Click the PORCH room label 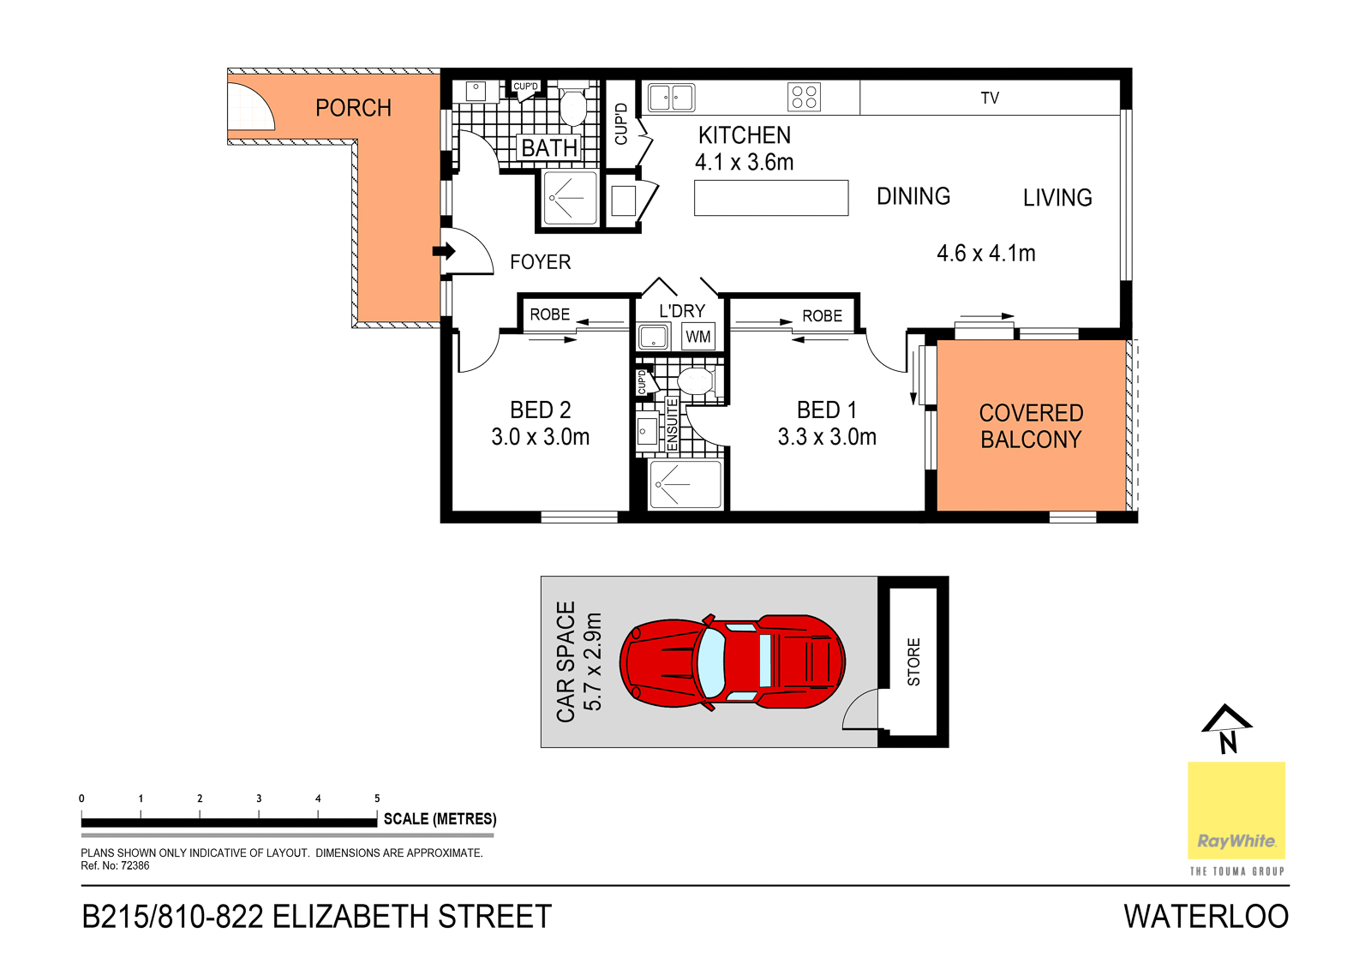[x=353, y=108]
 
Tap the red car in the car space [x=732, y=662]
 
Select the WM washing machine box [x=697, y=336]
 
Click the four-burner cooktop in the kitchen [x=804, y=98]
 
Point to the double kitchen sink [x=672, y=98]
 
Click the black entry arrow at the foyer [x=444, y=251]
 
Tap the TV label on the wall [x=990, y=98]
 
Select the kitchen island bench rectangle [x=771, y=198]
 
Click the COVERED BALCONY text [x=1032, y=426]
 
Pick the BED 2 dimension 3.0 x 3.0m [x=541, y=437]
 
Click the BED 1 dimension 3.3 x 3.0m [x=827, y=437]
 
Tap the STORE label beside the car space [x=913, y=661]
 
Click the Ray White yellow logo [x=1236, y=810]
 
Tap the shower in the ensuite [x=685, y=484]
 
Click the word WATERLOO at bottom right [x=1206, y=917]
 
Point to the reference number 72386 [x=135, y=865]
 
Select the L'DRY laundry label [x=682, y=311]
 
